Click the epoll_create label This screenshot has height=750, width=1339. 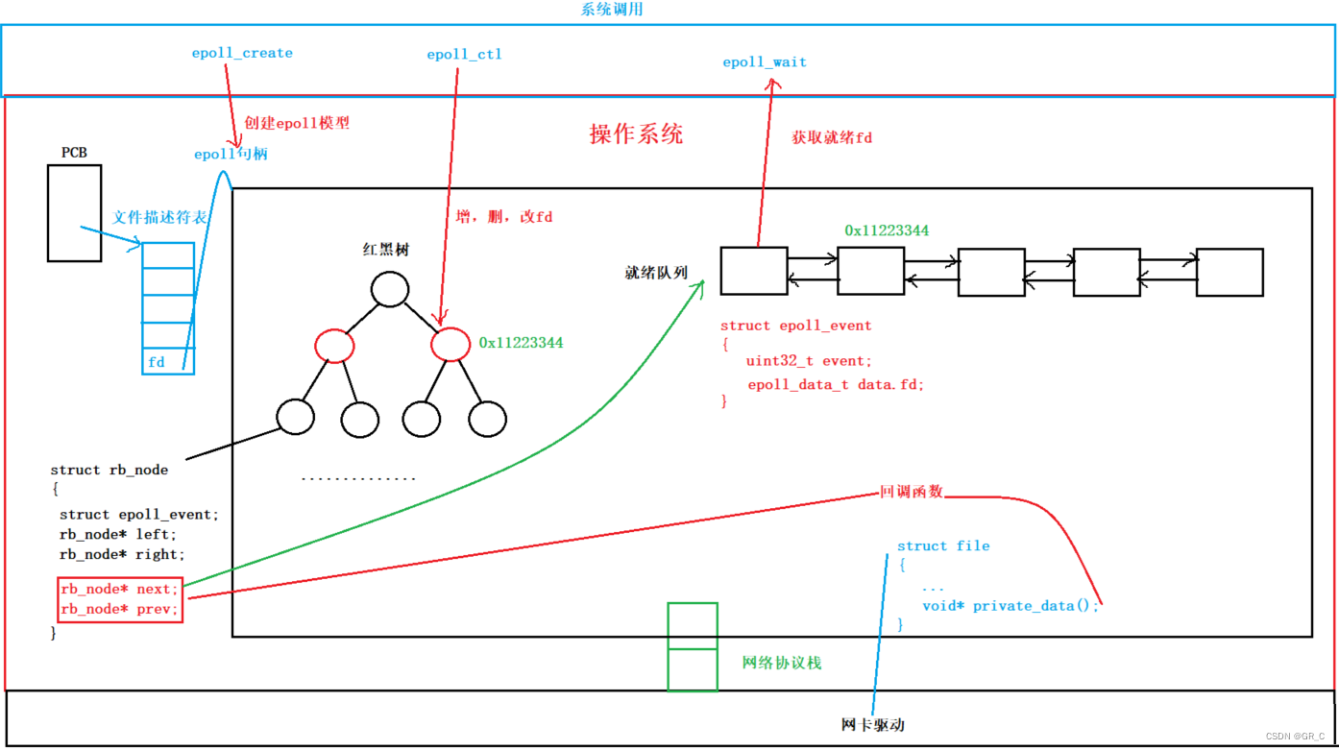[242, 53]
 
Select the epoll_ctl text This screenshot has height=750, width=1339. [464, 55]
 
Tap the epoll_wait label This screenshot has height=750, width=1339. [765, 62]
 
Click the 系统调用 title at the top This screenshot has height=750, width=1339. [612, 10]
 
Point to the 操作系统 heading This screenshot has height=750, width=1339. [636, 133]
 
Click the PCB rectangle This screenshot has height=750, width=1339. [74, 213]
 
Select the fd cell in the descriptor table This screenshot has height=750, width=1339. [168, 362]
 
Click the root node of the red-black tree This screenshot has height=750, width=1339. [390, 289]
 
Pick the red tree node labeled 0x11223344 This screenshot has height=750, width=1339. [450, 345]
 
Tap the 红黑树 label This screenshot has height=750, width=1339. [385, 250]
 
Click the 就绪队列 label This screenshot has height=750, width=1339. [657, 273]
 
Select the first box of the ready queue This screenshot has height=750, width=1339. [754, 271]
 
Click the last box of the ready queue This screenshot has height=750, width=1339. [1229, 271]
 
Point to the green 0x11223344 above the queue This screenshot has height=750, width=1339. [887, 230]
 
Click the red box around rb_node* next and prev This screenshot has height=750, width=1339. [119, 598]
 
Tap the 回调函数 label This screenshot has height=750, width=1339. [912, 492]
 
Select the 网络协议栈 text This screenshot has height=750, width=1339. [782, 663]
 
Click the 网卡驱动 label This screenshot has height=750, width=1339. [872, 724]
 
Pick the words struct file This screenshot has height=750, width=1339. [943, 545]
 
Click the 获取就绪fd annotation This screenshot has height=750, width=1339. [832, 137]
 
